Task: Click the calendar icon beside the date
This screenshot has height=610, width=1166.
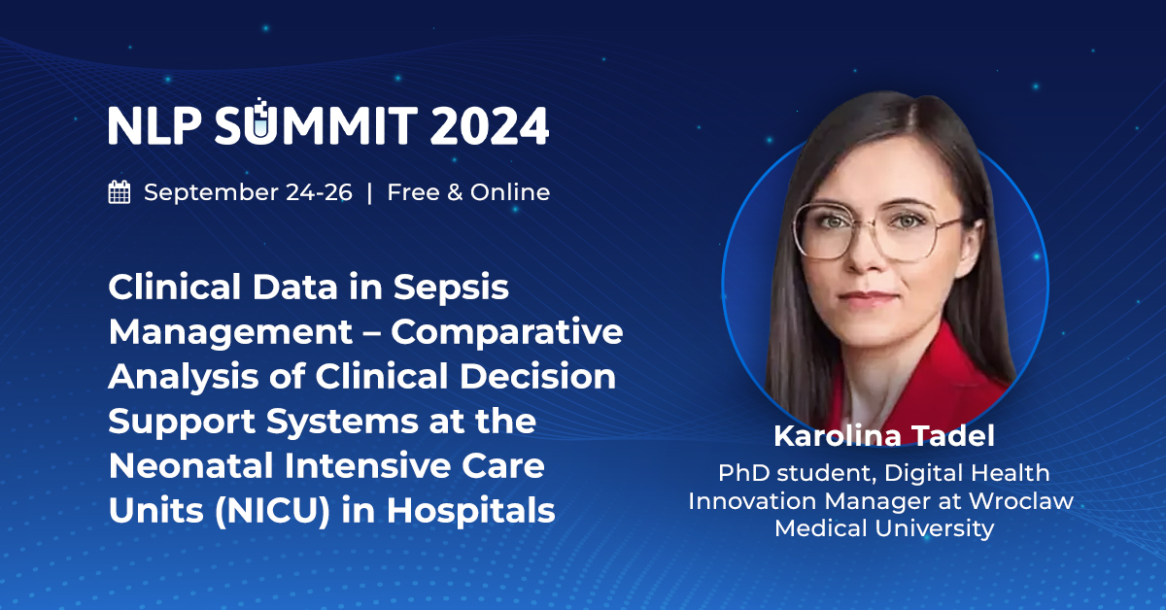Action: tap(120, 192)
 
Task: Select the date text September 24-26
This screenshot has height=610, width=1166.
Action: tap(248, 192)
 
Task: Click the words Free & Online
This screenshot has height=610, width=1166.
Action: tap(468, 192)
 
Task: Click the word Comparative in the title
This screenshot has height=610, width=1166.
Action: tap(507, 331)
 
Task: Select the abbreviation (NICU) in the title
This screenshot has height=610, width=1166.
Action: tap(241, 510)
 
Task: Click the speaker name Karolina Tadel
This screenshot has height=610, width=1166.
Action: tap(883, 437)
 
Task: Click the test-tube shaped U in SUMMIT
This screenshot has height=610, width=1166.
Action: tap(258, 123)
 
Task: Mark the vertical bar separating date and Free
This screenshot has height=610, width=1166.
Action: tap(369, 192)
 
